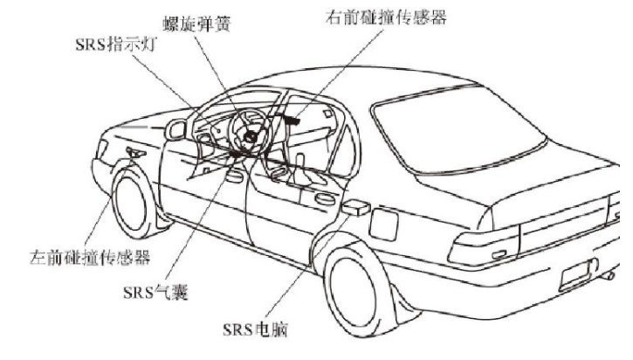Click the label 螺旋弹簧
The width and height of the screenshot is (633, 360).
196,24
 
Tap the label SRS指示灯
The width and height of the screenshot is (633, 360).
116,44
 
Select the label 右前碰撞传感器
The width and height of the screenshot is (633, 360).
386,17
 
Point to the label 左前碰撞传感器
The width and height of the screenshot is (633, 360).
90,257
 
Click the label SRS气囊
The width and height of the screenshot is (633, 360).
155,292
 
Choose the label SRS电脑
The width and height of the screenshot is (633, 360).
256,329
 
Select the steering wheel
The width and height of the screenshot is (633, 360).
248,133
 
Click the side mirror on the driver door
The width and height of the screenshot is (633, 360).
175,129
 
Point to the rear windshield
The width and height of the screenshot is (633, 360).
459,130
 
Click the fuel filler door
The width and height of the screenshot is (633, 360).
383,225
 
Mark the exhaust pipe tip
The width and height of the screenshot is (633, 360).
609,277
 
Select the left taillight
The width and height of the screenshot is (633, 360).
484,246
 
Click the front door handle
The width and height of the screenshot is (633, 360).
235,177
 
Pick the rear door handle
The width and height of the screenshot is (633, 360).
325,199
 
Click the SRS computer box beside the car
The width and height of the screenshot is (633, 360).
355,208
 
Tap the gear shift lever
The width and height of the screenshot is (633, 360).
299,167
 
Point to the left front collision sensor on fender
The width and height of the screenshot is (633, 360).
135,153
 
